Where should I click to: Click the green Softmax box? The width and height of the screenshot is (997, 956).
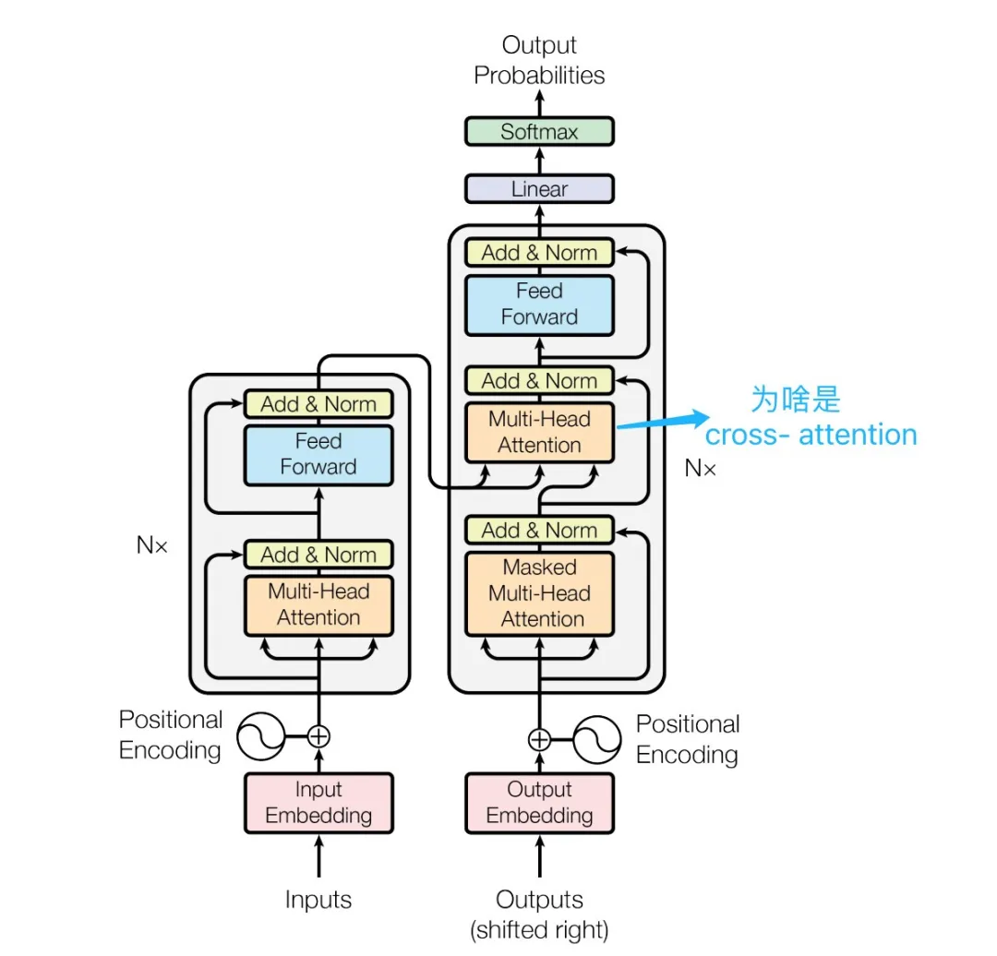(539, 132)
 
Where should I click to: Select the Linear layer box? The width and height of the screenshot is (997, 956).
(539, 189)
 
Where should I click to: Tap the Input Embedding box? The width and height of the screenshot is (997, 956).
(318, 803)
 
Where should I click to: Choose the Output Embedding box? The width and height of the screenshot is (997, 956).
(539, 803)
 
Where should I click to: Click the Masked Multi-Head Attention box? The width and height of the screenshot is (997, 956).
(539, 593)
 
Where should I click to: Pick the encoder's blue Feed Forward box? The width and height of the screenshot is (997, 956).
(318, 455)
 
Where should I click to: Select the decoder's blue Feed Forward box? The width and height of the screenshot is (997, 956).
(539, 305)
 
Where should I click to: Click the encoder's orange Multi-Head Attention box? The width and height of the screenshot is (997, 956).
(318, 605)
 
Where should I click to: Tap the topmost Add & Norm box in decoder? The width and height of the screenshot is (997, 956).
(539, 252)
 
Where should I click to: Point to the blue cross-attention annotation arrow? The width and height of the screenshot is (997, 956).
(663, 421)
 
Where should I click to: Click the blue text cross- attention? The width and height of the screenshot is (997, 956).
(811, 436)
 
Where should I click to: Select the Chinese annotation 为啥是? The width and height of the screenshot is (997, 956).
(796, 400)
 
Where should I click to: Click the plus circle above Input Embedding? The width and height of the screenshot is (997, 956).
(318, 736)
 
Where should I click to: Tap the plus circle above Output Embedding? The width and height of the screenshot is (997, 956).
(539, 739)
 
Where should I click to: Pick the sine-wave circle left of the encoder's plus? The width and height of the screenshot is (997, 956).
(260, 736)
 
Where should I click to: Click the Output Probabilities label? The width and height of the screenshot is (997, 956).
(539, 60)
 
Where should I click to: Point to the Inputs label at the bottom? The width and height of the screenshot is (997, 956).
(318, 900)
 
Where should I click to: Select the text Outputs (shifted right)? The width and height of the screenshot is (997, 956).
(539, 915)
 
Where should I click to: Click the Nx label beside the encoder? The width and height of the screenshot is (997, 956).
(152, 545)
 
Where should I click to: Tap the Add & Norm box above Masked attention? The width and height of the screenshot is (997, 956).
(539, 530)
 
